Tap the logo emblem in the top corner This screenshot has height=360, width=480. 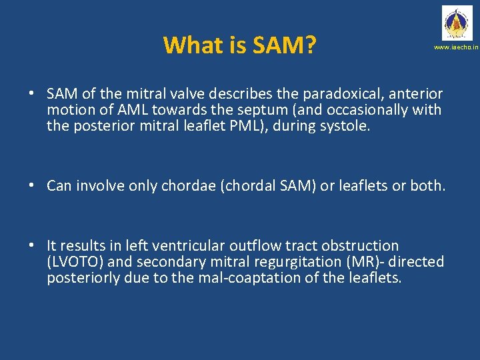click(x=456, y=23)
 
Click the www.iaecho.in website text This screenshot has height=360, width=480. click(x=456, y=48)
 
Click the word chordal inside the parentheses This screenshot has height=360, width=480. click(x=253, y=186)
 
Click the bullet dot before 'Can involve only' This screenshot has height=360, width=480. click(x=32, y=186)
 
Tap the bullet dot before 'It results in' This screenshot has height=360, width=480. click(x=32, y=246)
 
